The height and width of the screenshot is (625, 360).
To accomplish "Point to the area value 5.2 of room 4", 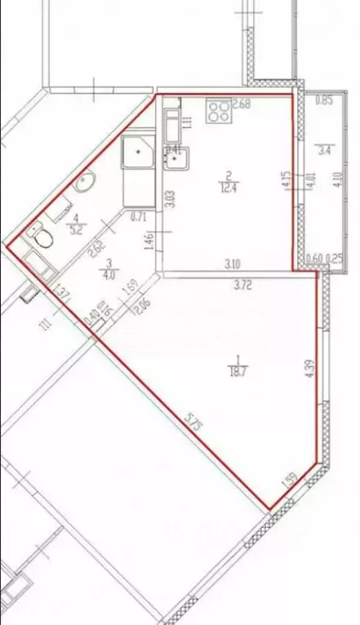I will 77,229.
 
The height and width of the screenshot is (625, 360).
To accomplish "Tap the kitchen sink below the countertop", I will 177,157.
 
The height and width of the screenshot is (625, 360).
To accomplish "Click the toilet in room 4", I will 43,237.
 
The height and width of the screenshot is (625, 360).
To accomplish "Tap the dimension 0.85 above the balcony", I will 323,102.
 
